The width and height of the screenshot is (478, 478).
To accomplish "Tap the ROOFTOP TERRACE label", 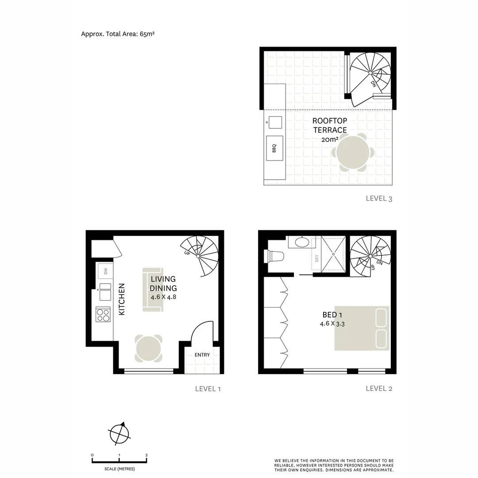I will pyautogui.click(x=330, y=125).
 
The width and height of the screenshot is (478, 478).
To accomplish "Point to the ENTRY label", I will pyautogui.click(x=202, y=355).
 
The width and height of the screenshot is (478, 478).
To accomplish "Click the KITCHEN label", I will pyautogui.click(x=122, y=299).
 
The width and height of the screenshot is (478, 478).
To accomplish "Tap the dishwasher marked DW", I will pyautogui.click(x=105, y=270).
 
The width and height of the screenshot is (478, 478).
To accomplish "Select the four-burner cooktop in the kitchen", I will pyautogui.click(x=103, y=314).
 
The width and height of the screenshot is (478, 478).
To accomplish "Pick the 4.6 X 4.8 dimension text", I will pyautogui.click(x=163, y=297).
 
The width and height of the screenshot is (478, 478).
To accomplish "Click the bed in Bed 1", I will pyautogui.click(x=362, y=328).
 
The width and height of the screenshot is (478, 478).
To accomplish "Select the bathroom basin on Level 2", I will pyautogui.click(x=301, y=242).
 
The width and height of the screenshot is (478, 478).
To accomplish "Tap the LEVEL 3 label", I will pyautogui.click(x=379, y=199).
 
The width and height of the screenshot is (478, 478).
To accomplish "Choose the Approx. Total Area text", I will pyautogui.click(x=118, y=34).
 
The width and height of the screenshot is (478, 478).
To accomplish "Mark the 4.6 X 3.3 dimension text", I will pyautogui.click(x=332, y=324).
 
